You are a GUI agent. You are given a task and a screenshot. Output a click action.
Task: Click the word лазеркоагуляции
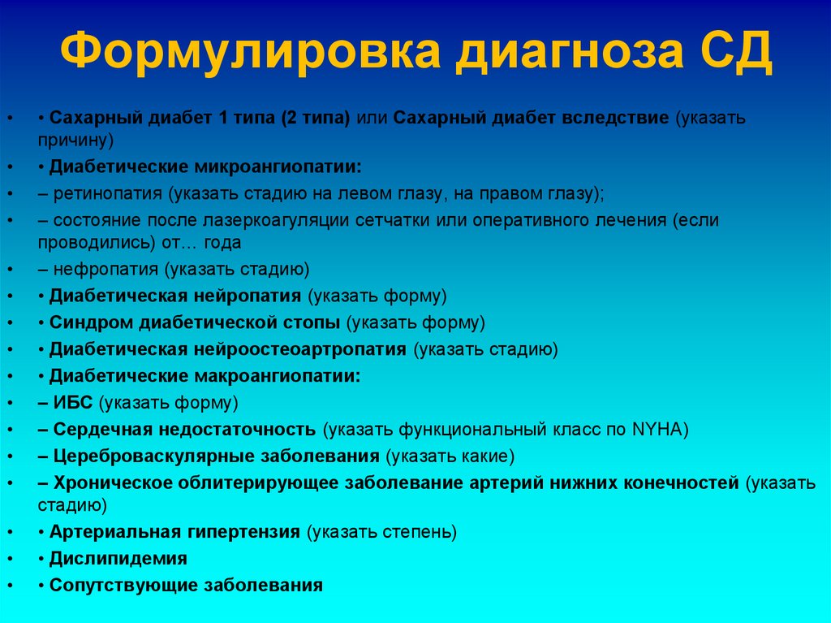(x=279, y=220)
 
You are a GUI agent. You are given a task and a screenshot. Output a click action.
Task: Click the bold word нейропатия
(x=247, y=296)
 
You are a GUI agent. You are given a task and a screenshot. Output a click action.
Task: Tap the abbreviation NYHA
(x=658, y=430)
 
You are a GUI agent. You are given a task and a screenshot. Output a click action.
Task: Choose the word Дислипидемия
(x=118, y=559)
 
